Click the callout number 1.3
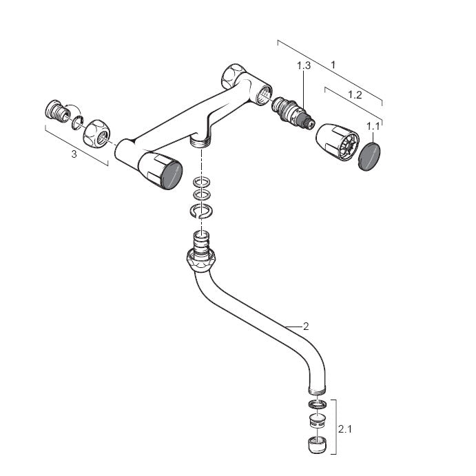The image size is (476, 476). (304, 65)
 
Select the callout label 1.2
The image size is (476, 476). (355, 94)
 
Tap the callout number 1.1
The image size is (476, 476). (373, 126)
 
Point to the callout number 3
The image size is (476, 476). (74, 154)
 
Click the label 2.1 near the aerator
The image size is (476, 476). (344, 429)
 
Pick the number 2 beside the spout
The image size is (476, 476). (306, 327)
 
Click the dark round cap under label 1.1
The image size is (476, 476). (369, 157)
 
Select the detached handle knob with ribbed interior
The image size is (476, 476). (338, 142)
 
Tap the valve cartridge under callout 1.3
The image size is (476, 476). (293, 112)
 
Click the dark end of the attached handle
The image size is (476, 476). (172, 176)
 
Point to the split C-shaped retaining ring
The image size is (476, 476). (201, 211)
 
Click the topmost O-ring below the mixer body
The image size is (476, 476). (202, 182)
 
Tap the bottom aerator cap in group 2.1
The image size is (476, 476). (317, 445)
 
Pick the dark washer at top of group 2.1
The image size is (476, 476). (318, 404)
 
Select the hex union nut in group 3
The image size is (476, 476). (96, 132)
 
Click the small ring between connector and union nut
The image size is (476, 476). (77, 123)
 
